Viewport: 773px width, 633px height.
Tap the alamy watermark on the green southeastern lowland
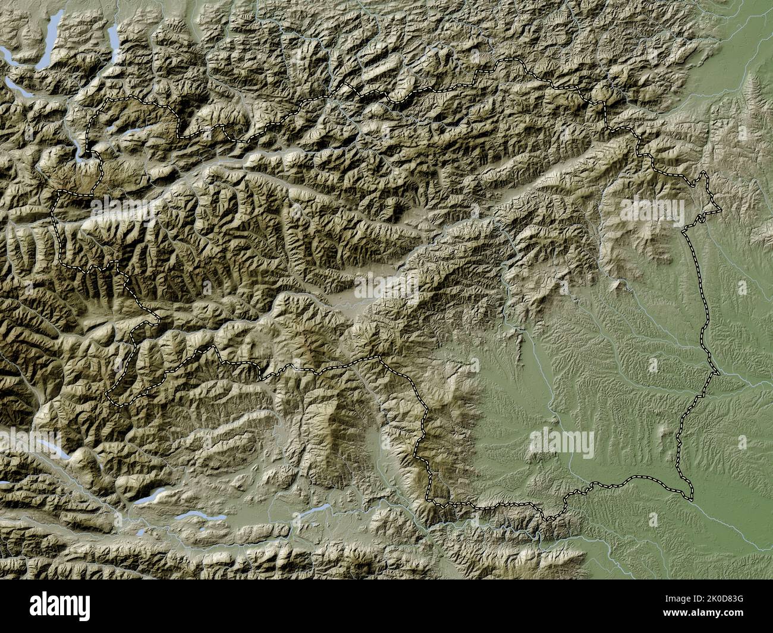click(x=561, y=441)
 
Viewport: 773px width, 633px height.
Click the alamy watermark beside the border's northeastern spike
click(x=653, y=209)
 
